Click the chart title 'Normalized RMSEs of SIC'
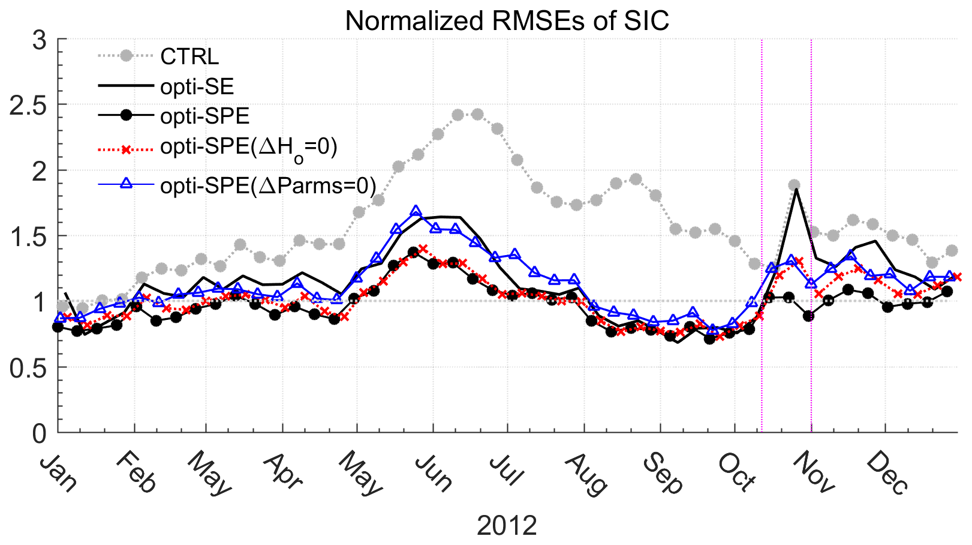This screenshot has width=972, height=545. (x=507, y=22)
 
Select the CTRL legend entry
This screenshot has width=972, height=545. (x=189, y=56)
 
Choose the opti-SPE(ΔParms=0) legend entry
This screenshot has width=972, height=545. (x=268, y=186)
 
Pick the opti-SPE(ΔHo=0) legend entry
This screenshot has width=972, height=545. (x=248, y=148)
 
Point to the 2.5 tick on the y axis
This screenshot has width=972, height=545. (x=29, y=105)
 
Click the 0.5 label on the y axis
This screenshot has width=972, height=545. (x=29, y=367)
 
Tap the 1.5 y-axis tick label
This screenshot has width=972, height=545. (x=29, y=236)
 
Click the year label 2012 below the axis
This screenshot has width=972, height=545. (x=507, y=526)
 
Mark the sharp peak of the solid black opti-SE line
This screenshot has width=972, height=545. (x=796, y=189)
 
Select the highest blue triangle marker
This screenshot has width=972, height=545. (x=416, y=211)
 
